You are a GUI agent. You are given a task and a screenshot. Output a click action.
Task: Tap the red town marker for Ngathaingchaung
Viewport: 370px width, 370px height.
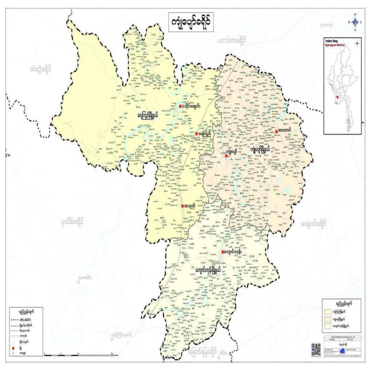pos(180,106)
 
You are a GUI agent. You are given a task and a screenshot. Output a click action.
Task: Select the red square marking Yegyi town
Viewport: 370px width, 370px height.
pos(197,134)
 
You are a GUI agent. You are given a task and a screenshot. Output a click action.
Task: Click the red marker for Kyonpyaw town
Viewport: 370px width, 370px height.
pos(226,156)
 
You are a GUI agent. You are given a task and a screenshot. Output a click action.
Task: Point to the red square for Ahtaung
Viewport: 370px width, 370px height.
pos(276,131)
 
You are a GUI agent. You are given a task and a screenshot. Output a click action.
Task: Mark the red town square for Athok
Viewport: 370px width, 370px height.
pos(183,206)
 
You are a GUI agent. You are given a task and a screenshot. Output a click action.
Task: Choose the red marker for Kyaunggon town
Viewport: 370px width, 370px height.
pos(223,253)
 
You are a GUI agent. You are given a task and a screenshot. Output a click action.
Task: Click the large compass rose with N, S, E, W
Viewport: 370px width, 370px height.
pos(355,22)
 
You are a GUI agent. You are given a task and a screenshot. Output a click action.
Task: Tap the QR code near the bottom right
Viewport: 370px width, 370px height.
pos(316,349)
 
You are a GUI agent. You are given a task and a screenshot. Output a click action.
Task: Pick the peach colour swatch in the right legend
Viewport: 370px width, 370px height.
pos(328,319)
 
